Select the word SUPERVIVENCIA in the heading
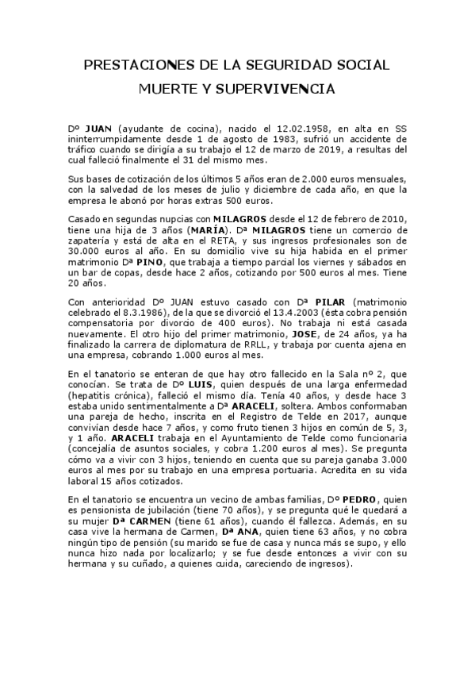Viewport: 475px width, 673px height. point(284,90)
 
